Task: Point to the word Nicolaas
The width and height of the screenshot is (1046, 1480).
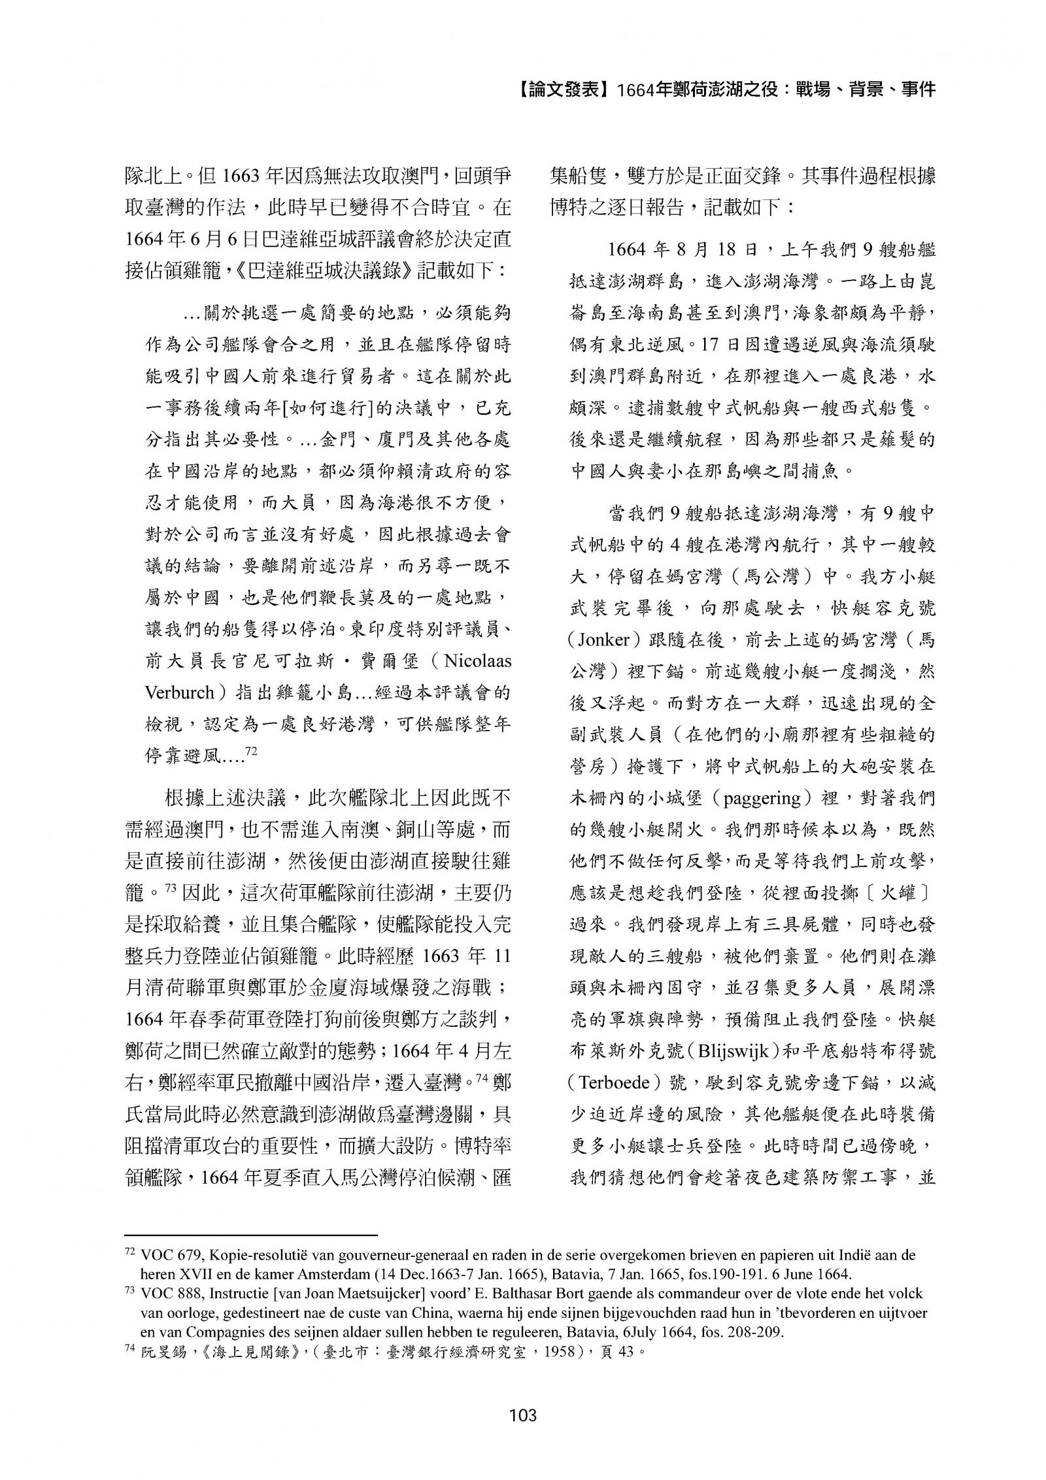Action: (477, 661)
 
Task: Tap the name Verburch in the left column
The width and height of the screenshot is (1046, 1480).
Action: (179, 693)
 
